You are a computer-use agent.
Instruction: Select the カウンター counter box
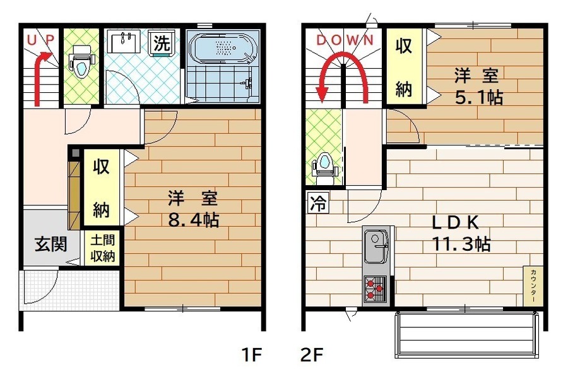click(533, 286)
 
